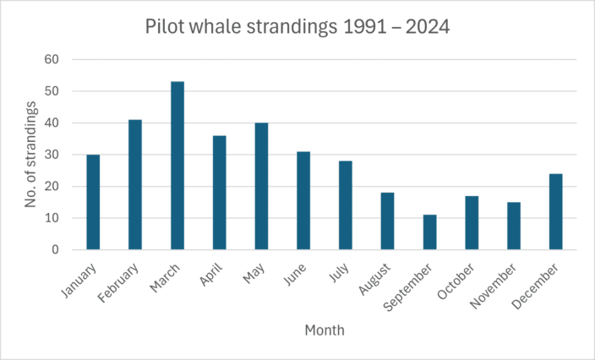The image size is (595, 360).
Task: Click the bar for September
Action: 430,232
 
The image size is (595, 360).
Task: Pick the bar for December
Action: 556,212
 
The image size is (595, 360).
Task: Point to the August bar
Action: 388,221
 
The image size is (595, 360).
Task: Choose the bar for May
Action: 261,186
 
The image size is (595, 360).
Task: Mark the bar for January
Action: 93,202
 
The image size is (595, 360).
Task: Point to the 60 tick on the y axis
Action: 52,59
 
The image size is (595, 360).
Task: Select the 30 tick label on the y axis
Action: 52,155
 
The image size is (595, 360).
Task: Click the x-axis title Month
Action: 325,330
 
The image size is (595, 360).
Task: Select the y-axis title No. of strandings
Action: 31,155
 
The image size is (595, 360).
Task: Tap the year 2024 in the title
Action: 428,27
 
